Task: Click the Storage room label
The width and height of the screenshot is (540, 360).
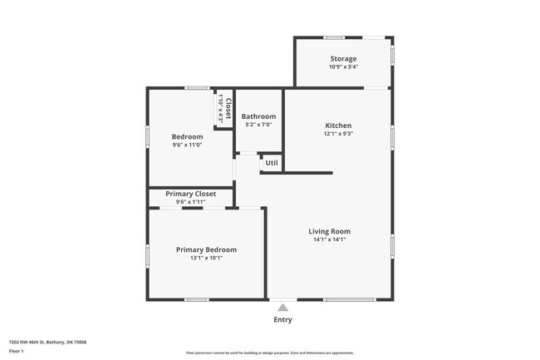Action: [343, 59]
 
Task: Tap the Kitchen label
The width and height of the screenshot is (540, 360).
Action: [338, 126]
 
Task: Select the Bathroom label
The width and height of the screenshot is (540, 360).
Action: [258, 116]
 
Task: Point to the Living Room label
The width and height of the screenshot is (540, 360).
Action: [329, 231]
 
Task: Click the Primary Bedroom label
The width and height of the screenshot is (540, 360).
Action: [205, 249]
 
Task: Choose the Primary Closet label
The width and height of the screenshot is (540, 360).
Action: [190, 194]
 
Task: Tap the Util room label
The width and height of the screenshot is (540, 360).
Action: [272, 163]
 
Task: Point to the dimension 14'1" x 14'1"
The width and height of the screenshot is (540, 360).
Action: [329, 239]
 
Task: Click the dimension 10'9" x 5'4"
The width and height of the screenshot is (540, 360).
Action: [343, 67]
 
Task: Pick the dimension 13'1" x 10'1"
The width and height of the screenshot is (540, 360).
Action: [205, 258]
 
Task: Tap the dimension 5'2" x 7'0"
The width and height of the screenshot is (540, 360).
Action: [258, 125]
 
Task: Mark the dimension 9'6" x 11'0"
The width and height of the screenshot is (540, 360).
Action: [187, 145]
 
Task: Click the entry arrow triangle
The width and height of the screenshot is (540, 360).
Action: [282, 307]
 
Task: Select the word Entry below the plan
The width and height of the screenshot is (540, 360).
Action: [282, 319]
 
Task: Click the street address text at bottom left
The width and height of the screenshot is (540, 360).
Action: [47, 342]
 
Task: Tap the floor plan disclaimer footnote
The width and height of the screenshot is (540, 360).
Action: [269, 353]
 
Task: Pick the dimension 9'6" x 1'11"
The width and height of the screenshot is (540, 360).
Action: [190, 201]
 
